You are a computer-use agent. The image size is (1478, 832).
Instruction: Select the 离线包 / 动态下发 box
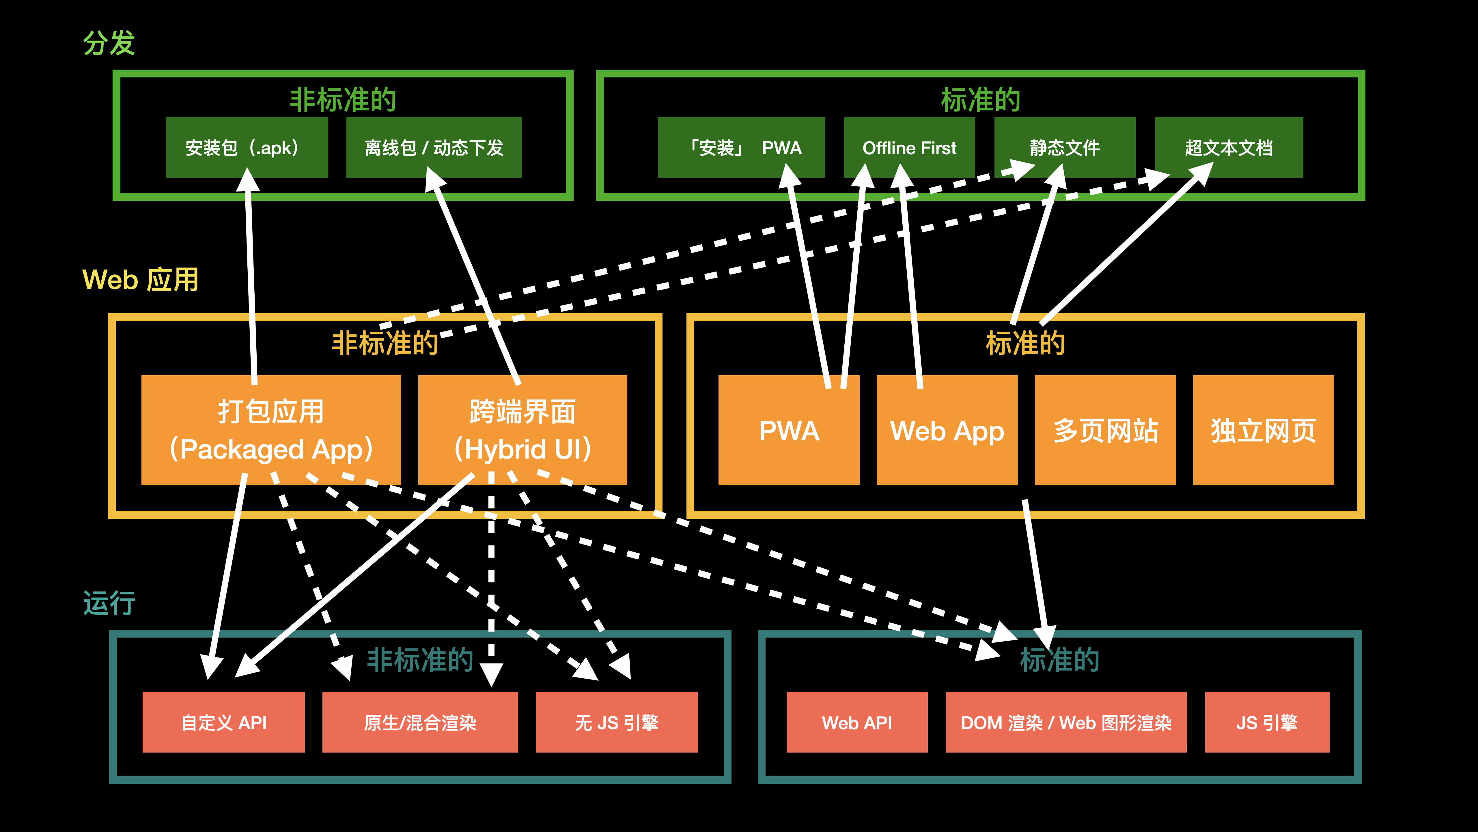[434, 148]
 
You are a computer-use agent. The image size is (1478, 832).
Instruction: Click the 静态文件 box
[1064, 148]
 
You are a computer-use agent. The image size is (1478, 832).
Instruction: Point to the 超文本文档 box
[1228, 148]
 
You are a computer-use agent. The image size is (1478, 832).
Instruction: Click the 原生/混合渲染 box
[420, 722]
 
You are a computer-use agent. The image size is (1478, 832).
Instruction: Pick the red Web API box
[856, 722]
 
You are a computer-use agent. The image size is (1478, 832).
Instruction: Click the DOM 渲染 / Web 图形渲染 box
[1065, 722]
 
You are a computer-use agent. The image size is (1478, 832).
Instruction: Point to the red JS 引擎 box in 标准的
[1267, 722]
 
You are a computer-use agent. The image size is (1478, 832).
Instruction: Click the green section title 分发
[109, 43]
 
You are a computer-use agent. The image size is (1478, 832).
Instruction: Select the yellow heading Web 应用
[141, 280]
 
